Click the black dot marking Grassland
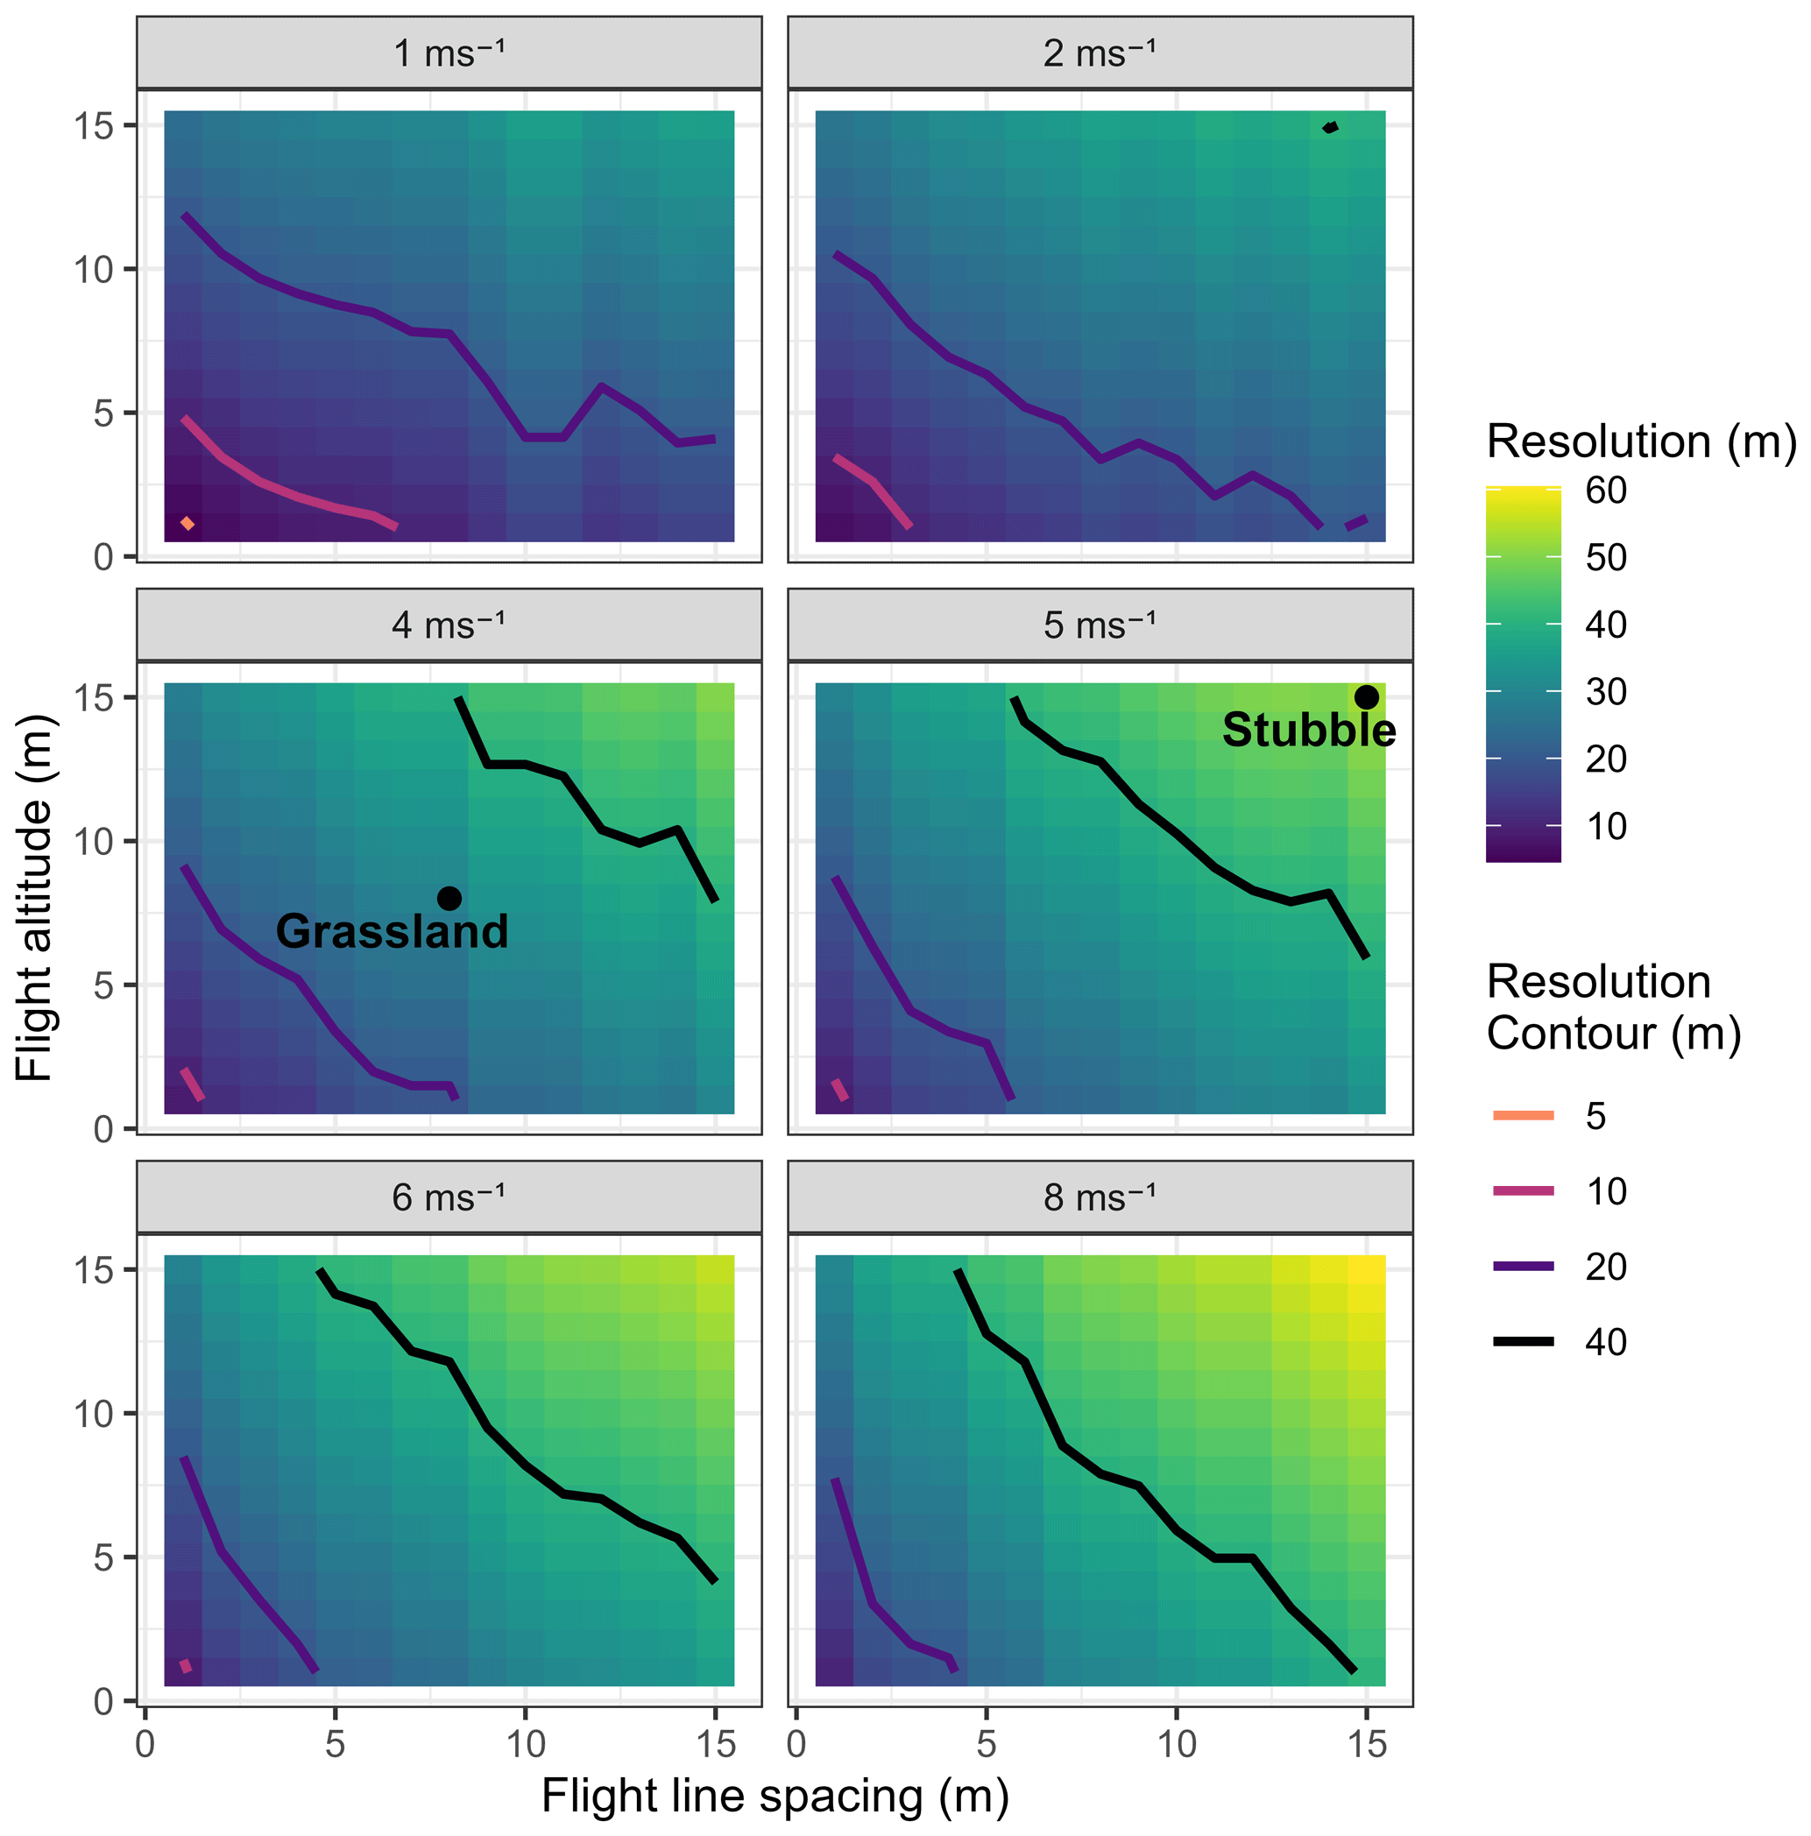pos(449,898)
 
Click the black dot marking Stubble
pos(1366,696)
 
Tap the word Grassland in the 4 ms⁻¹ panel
pos(392,931)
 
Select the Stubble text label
pos(1308,731)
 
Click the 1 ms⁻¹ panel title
pos(449,53)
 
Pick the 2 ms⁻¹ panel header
pos(1100,53)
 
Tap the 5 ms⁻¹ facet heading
pos(1100,625)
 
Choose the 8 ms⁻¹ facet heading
pos(1100,1197)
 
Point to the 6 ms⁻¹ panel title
pos(449,1197)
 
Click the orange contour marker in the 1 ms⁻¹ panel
pos(188,524)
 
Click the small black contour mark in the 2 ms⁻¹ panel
pos(1331,127)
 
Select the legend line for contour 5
pos(1523,1116)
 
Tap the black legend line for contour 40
pos(1523,1342)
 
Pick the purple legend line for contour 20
pos(1523,1267)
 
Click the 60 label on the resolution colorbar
pos(1606,491)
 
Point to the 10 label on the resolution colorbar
pos(1606,827)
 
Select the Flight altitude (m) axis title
pos(35,898)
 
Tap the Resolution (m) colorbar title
pos(1641,441)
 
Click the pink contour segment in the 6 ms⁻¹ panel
pos(187,1666)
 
